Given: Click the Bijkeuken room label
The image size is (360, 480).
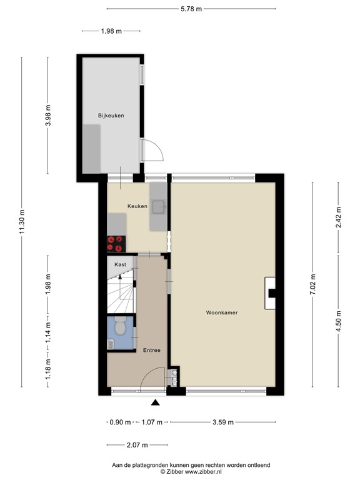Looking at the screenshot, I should (111, 116).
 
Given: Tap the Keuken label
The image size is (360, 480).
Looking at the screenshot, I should (137, 206).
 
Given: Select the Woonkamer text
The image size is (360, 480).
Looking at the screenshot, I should (222, 312).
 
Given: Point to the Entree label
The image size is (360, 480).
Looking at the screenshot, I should (151, 350).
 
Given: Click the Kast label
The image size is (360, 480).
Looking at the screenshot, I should (121, 264).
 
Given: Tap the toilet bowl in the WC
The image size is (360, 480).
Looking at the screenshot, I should (121, 327).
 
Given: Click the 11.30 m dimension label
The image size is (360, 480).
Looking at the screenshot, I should (22, 222).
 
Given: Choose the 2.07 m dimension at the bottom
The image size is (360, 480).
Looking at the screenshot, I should (136, 445).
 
